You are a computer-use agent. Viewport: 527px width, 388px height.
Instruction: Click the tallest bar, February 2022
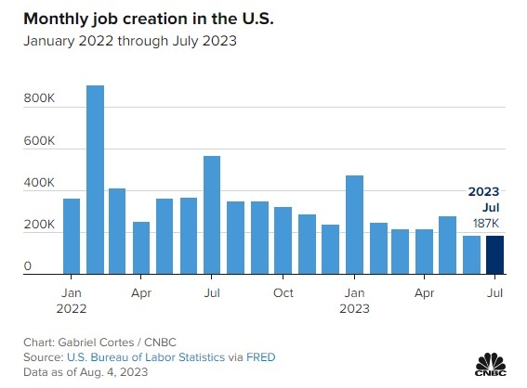coord(95,179)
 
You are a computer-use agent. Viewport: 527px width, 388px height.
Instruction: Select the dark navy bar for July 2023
coord(494,255)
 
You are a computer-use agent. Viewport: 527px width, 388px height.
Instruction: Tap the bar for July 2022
coord(212,215)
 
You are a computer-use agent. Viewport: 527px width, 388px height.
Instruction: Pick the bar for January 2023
coord(354,225)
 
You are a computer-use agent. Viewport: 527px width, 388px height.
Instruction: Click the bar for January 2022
coord(72,237)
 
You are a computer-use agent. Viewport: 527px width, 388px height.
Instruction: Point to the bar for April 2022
coord(141,248)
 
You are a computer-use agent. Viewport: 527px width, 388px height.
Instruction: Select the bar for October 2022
coord(283,240)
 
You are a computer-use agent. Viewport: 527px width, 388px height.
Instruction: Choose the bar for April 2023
coord(424,252)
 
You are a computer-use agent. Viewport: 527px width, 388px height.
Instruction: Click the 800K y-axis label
coord(39,98)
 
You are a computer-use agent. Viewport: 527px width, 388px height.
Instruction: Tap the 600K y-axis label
coord(39,140)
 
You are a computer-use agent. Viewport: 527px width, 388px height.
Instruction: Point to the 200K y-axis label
coord(39,225)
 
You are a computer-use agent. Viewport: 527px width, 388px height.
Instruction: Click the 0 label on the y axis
coord(28,265)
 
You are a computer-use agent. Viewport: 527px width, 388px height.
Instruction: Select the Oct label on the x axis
coord(283,293)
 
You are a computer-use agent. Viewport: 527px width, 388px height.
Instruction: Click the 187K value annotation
coord(486,223)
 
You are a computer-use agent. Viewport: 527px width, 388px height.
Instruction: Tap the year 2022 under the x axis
coord(72,308)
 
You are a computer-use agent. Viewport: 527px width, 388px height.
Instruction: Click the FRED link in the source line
coord(261,357)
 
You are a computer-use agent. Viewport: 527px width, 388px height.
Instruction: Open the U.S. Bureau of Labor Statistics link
coord(146,357)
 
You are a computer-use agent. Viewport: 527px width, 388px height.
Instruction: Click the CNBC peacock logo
coord(491,365)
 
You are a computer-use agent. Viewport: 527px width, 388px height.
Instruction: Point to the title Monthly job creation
coord(106,19)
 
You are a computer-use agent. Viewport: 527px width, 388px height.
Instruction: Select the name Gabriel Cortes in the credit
coord(96,343)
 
